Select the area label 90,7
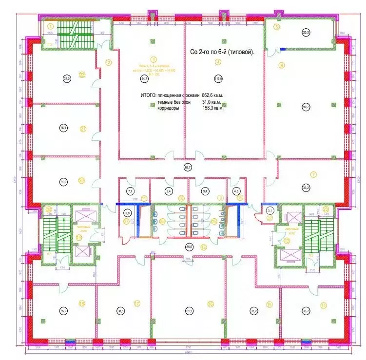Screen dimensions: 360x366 306,108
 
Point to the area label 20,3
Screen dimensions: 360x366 306,33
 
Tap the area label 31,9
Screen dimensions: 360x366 63,182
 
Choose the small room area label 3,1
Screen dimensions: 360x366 270,210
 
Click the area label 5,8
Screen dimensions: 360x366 128,213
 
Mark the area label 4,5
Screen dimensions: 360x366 237,191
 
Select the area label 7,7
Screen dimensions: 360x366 130,191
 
